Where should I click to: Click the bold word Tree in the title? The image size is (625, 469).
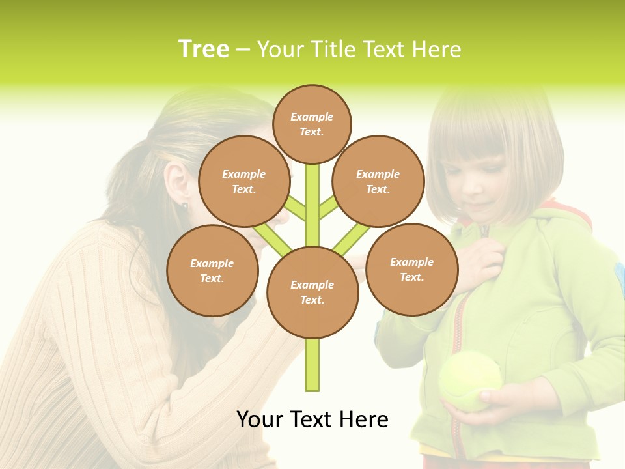click(x=204, y=50)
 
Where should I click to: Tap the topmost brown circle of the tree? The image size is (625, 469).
click(x=312, y=124)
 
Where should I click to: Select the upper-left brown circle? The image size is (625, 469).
click(x=243, y=181)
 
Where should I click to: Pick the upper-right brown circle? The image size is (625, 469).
click(x=378, y=181)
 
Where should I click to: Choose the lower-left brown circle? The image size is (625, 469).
click(x=212, y=270)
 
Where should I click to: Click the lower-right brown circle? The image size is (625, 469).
click(x=412, y=269)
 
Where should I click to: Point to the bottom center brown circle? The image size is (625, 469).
click(x=312, y=292)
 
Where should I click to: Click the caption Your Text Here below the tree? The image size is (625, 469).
click(x=312, y=419)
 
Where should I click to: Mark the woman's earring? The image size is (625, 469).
click(x=184, y=206)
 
